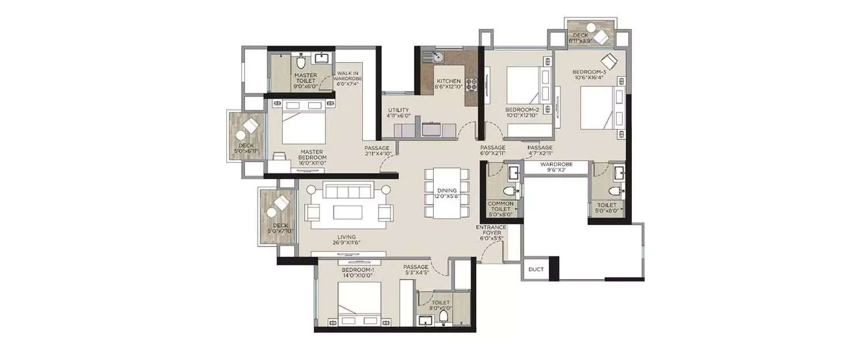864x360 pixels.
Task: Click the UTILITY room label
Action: click(x=398, y=112)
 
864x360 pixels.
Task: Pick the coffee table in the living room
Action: click(x=347, y=212)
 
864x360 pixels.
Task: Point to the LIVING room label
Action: click(x=347, y=240)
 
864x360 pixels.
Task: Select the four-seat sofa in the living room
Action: click(x=347, y=190)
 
